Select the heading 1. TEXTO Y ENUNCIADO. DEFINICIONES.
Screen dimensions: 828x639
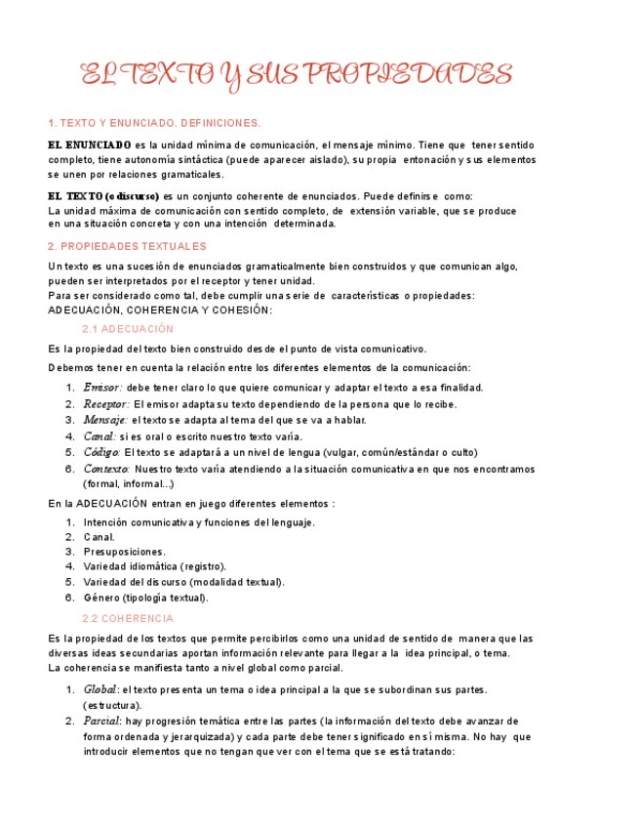(x=154, y=124)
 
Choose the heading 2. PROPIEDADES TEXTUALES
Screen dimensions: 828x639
(x=127, y=246)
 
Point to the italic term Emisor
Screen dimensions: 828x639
(x=102, y=388)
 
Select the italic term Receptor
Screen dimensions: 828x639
(x=105, y=404)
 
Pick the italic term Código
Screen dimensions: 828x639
(x=101, y=452)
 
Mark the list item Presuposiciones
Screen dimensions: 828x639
(x=124, y=552)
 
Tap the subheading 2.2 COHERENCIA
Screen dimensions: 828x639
(x=128, y=619)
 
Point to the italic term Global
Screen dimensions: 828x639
(x=100, y=690)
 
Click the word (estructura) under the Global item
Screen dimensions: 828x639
(x=112, y=705)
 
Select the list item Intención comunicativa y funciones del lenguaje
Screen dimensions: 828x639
(x=199, y=522)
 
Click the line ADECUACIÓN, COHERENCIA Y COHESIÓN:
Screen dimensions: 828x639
(x=160, y=310)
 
